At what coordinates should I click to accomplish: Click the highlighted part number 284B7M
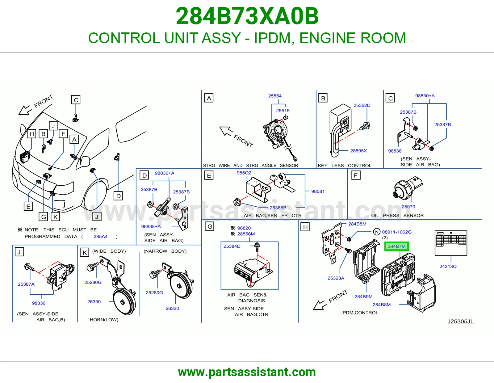[396, 246]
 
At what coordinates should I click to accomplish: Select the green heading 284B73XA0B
[247, 16]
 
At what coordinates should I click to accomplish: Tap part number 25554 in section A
[274, 96]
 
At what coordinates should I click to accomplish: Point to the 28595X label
[358, 151]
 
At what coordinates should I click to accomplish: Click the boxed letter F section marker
[356, 175]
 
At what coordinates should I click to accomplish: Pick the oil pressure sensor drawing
[407, 187]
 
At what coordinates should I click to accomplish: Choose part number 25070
[408, 207]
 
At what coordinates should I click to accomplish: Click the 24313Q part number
[448, 266]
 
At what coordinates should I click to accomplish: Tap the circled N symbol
[377, 232]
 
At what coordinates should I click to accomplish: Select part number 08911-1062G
[397, 232]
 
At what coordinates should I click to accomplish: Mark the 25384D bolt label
[232, 246]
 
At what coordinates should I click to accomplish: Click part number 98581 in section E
[318, 192]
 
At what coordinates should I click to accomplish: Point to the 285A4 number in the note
[100, 237]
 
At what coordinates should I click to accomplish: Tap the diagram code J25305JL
[460, 321]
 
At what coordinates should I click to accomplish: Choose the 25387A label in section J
[26, 284]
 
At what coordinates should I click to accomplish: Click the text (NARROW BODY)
[165, 251]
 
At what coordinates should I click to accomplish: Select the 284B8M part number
[382, 305]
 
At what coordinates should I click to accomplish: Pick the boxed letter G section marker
[210, 226]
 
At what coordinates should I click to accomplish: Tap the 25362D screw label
[362, 105]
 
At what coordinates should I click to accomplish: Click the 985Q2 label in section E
[244, 173]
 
